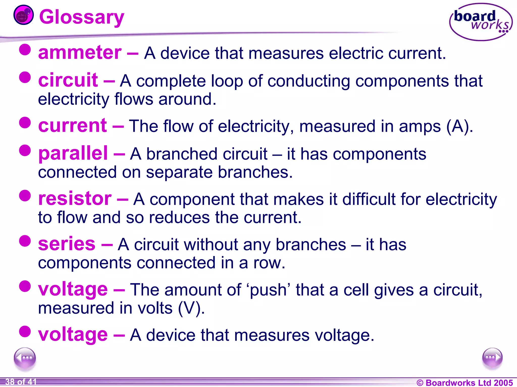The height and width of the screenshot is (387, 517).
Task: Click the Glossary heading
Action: (x=82, y=17)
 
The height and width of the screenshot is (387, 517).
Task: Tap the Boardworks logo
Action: (x=481, y=22)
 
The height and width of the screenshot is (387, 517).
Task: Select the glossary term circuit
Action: (x=68, y=80)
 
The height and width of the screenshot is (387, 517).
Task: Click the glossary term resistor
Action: (x=75, y=199)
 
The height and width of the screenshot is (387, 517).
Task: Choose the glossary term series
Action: (x=67, y=244)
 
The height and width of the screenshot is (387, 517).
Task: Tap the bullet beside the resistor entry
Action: (x=25, y=196)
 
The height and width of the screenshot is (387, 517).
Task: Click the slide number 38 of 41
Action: (x=21, y=382)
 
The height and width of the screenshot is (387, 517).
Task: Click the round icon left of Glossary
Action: (x=23, y=15)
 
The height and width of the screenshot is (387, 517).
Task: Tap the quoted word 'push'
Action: (x=268, y=290)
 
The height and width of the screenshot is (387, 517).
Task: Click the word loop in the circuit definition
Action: (x=227, y=81)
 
